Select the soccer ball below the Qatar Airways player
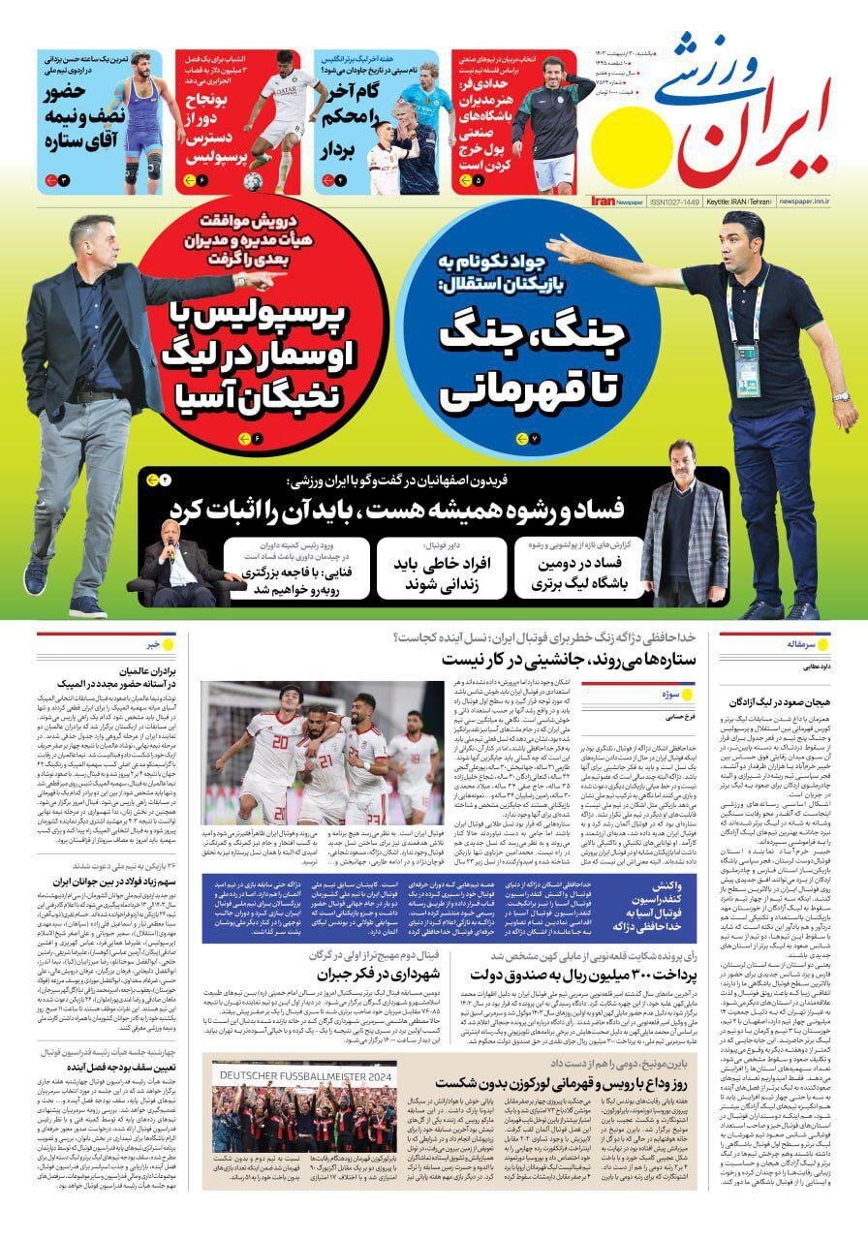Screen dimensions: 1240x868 point(253,181)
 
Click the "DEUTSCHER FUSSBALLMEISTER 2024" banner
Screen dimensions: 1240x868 point(306,1075)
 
